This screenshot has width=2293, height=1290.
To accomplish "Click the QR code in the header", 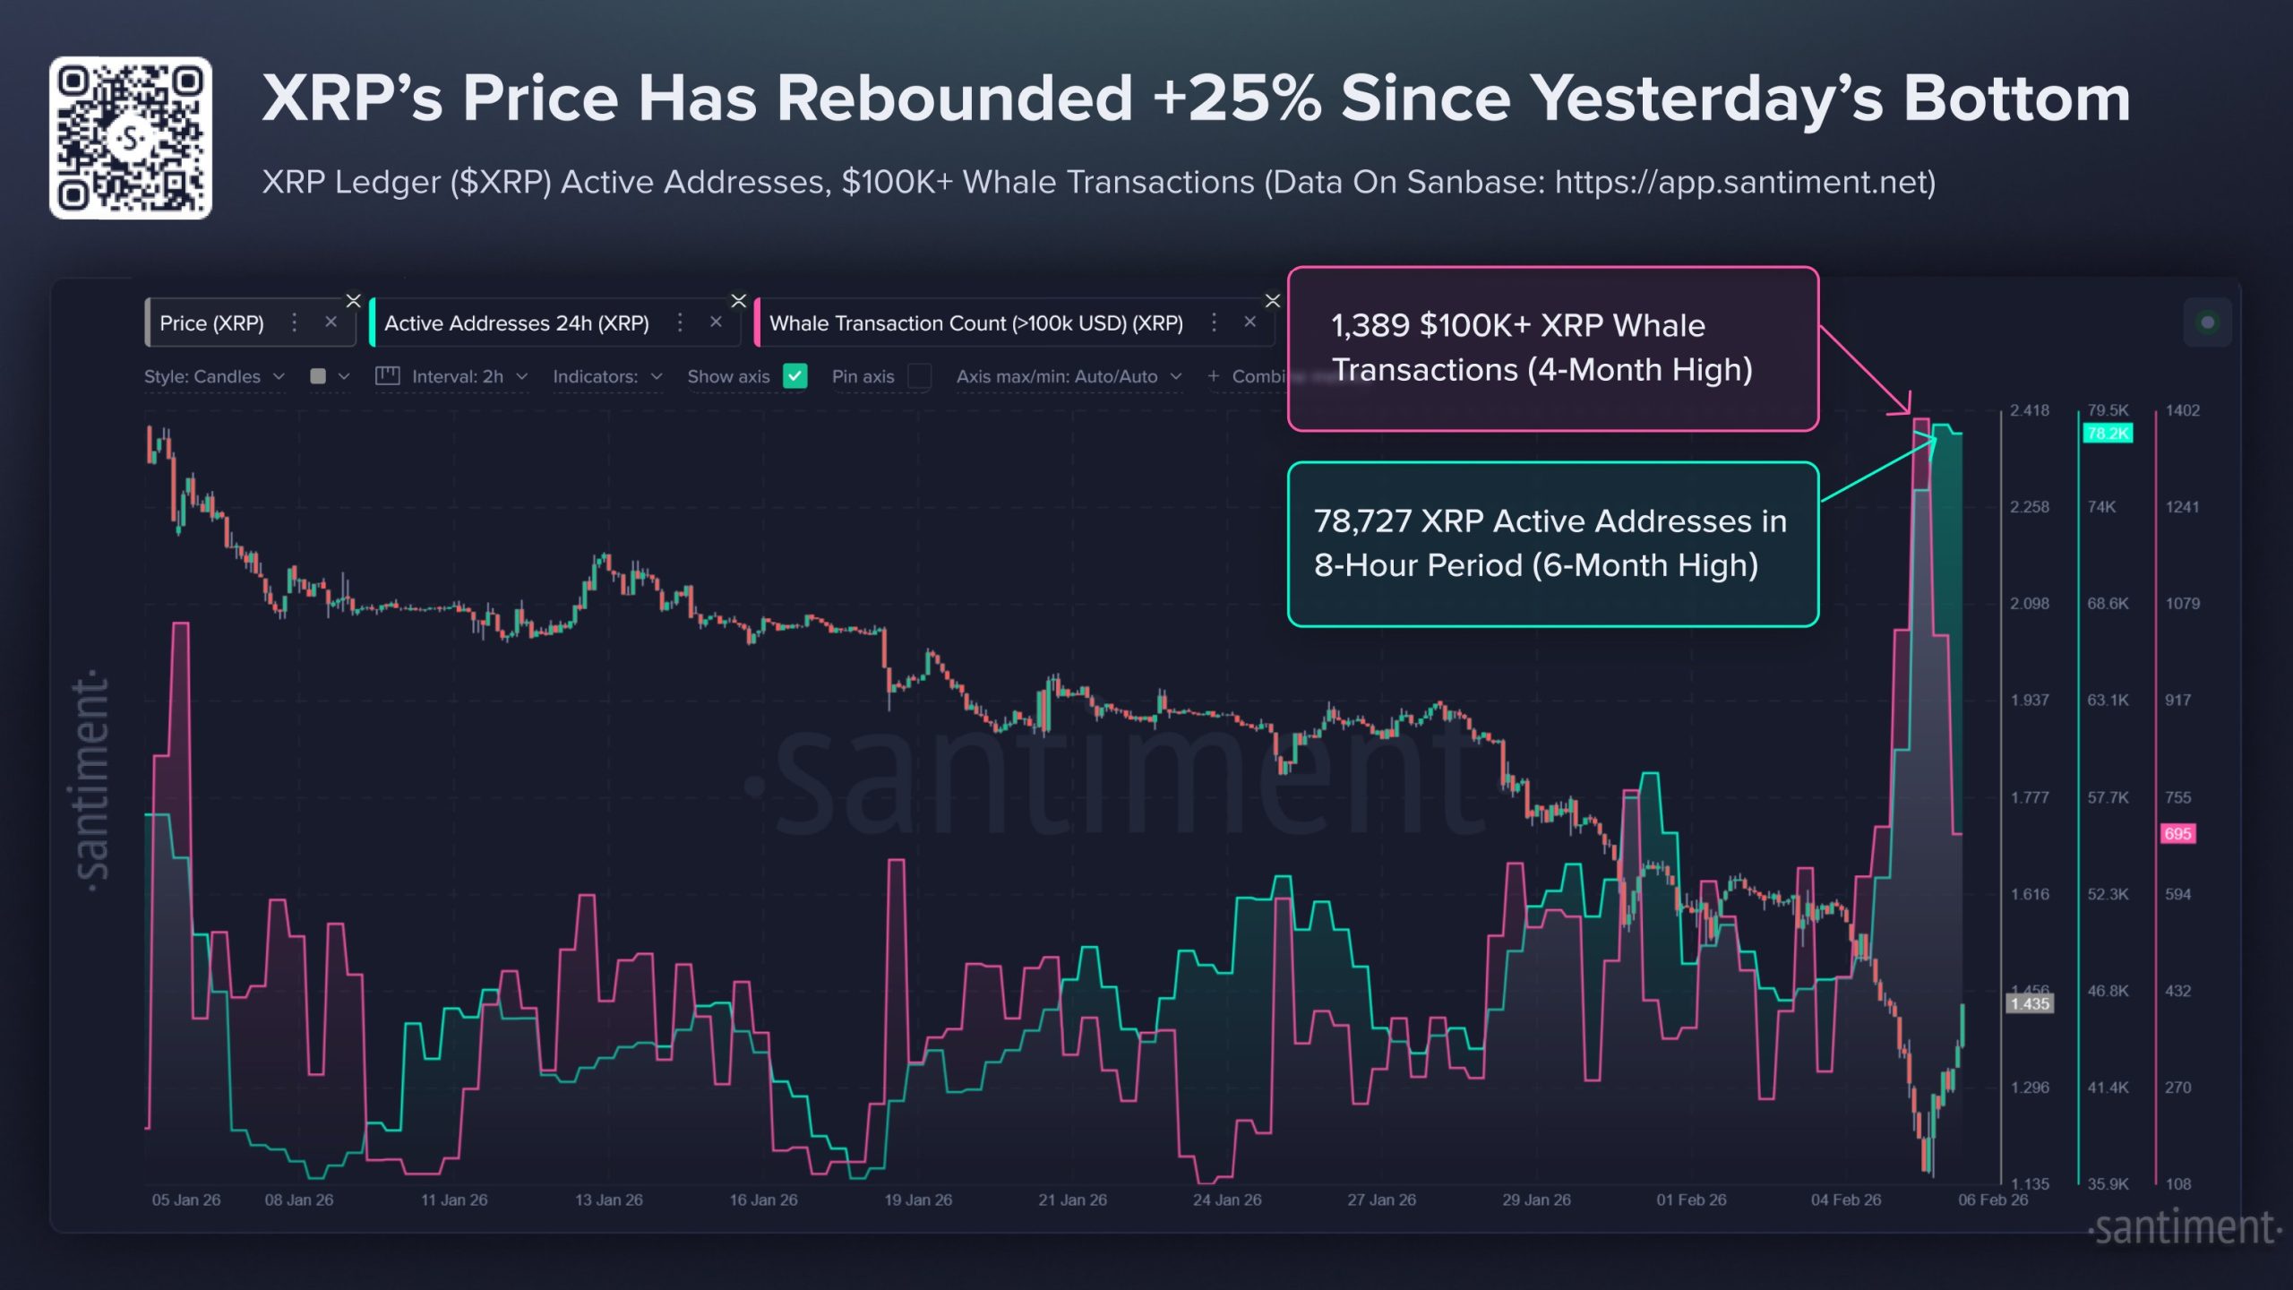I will (131, 138).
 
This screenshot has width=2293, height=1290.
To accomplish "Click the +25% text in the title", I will (1238, 99).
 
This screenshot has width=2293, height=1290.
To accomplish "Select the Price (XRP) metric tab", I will (211, 323).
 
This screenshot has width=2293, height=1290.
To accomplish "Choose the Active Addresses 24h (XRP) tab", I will (516, 323).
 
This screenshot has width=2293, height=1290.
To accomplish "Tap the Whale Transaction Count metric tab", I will (975, 323).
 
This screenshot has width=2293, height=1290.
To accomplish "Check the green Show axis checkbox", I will (794, 376).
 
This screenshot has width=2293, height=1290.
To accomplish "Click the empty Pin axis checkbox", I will (919, 376).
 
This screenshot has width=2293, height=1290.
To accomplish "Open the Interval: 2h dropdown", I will (457, 376).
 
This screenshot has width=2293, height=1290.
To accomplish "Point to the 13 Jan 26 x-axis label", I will (608, 1200).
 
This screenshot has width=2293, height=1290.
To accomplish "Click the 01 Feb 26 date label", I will (1691, 1200).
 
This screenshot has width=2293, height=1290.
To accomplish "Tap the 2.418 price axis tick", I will (2029, 410).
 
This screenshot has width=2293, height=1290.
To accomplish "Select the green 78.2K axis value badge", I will (2107, 434).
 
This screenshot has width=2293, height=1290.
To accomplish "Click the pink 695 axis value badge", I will (2177, 834).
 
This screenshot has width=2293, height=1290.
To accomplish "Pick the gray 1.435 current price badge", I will (2029, 1003).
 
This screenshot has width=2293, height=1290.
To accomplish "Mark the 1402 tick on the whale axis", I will (2182, 410).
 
